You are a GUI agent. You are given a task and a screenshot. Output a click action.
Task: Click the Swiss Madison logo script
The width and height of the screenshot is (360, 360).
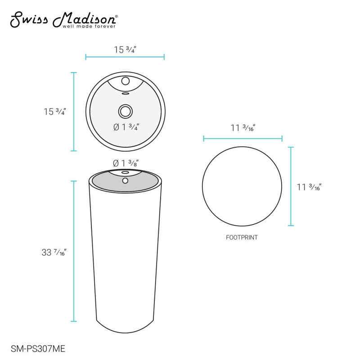coord(63,19)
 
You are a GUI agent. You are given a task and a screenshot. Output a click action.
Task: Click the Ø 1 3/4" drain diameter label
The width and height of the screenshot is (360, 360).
coord(125,127)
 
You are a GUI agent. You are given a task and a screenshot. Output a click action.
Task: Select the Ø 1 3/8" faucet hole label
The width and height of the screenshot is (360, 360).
coord(125,163)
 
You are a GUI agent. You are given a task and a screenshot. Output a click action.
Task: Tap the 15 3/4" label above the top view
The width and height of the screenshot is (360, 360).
coord(125,49)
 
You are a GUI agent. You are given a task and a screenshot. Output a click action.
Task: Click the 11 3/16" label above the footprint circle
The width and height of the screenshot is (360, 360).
coord(243,127)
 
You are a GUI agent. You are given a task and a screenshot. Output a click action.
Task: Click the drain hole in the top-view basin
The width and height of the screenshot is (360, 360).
coord(125,110)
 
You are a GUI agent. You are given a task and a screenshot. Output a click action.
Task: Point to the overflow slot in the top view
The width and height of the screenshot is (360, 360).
coord(125,94)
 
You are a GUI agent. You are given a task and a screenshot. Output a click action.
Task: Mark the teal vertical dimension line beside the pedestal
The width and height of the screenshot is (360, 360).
coord(74,251)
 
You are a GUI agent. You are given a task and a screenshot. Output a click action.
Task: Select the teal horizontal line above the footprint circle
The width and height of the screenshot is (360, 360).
coord(243,139)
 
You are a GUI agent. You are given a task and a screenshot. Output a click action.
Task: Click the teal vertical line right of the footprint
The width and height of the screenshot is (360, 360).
coord(291,186)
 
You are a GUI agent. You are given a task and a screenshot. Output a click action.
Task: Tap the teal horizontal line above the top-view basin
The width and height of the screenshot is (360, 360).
coord(125,57)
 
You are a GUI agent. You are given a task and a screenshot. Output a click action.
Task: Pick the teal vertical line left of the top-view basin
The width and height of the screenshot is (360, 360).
coord(74,112)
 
